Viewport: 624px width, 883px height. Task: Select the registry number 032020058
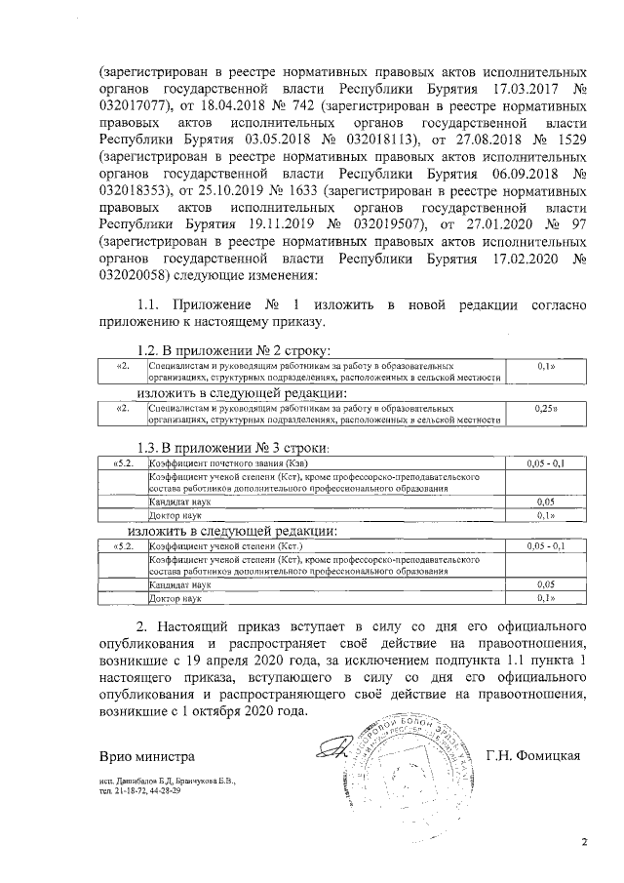[134, 262]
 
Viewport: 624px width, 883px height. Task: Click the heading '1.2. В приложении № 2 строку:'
[235, 350]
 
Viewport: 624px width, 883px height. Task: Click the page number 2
[585, 842]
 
